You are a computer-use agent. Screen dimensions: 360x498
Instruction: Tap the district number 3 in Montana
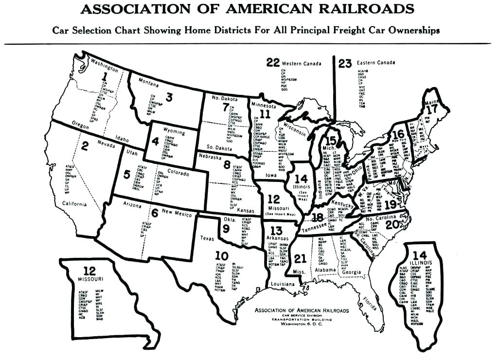(169, 97)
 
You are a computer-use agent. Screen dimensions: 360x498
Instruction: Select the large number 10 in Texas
(221, 255)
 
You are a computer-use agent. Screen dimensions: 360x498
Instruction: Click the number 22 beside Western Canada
(273, 62)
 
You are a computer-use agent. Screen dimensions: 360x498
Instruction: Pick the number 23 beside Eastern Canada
(345, 63)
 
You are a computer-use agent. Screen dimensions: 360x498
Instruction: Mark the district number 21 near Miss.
(300, 258)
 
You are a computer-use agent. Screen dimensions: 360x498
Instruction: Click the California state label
(74, 204)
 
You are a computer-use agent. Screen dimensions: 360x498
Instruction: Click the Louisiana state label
(283, 284)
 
